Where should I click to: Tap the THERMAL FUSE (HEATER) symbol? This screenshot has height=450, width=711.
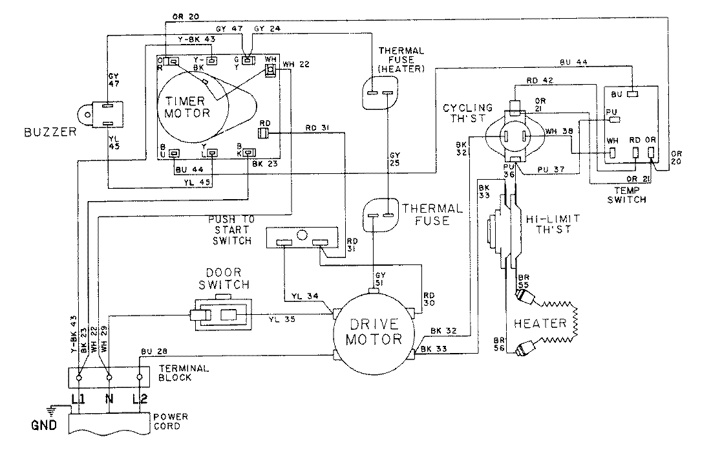click(379, 93)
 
